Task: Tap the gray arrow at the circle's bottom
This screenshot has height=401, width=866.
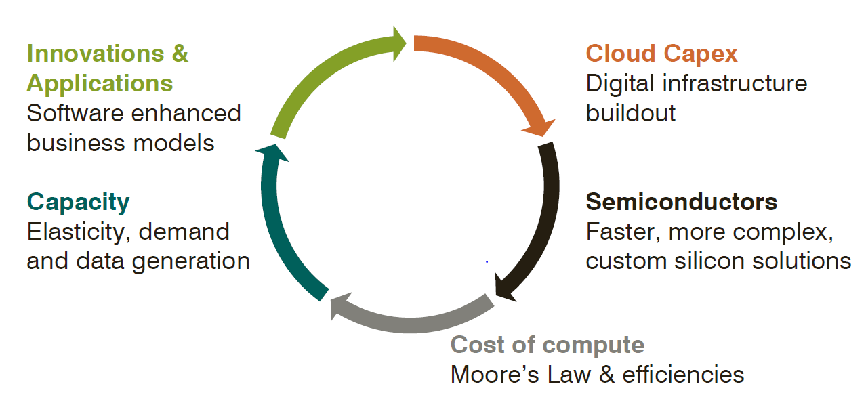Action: click(410, 318)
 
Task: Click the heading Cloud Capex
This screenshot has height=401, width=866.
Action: click(661, 54)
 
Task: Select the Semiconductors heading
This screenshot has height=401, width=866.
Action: click(681, 202)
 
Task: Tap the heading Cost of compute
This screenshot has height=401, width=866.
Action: click(548, 345)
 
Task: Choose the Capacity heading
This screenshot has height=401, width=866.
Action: click(78, 202)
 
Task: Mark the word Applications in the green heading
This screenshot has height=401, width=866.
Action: click(100, 83)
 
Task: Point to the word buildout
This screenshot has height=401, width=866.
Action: click(630, 112)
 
